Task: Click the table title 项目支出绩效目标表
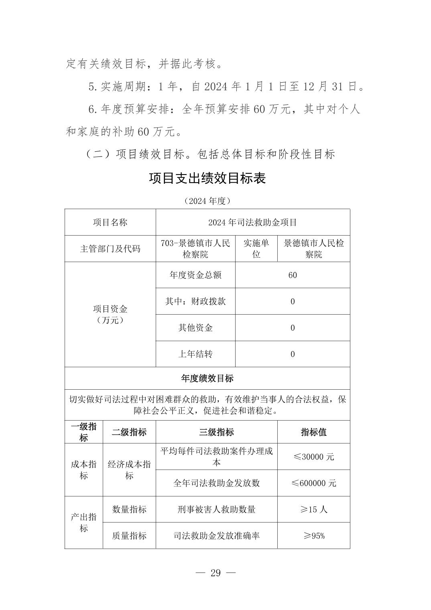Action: point(207,178)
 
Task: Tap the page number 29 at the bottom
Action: point(215,573)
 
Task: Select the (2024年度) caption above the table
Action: point(207,201)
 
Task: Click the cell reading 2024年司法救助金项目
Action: point(252,222)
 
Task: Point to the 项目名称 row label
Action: point(110,222)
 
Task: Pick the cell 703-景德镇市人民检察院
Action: point(195,248)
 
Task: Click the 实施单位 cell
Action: point(256,248)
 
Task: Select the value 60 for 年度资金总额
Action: point(293,275)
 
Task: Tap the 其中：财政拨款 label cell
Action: point(195,301)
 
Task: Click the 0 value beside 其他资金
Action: point(293,327)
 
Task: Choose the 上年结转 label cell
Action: point(195,354)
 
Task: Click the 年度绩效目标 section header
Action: point(207,378)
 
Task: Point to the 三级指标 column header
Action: point(216,432)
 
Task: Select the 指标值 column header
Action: point(313,432)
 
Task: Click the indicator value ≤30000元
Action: point(313,457)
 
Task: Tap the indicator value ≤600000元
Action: point(313,483)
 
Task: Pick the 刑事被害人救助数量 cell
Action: point(216,509)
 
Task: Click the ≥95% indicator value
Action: point(313,536)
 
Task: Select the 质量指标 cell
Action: point(129,536)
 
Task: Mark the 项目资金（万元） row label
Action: point(110,314)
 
